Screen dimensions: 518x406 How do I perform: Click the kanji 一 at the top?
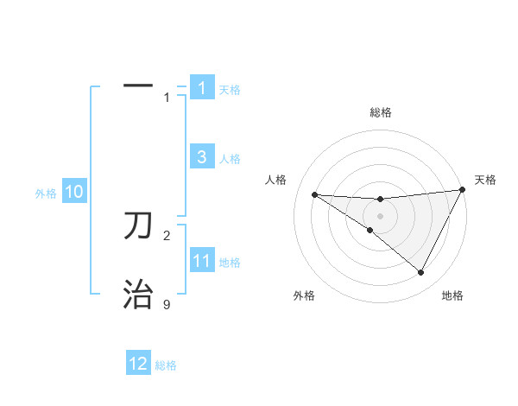point(138,86)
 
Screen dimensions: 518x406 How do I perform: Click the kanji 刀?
point(138,225)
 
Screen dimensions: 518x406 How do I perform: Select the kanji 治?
point(138,295)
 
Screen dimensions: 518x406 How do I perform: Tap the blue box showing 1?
point(202,88)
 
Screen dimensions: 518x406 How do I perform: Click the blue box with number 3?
point(202,157)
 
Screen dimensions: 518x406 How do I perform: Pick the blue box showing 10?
point(73,193)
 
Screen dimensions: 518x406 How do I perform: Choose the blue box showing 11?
point(202,261)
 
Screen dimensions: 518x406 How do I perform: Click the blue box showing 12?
point(138,364)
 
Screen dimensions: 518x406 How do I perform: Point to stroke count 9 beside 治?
point(167,305)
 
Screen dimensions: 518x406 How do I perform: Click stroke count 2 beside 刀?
point(167,235)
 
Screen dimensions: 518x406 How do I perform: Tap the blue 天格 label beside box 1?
point(230,90)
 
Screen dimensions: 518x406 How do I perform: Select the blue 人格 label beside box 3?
point(230,159)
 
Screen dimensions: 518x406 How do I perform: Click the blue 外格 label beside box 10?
point(46,193)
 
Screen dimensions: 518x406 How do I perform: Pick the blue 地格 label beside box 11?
point(230,263)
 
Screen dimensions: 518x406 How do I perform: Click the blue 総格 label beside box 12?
point(166,365)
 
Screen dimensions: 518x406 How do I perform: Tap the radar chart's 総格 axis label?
point(380,112)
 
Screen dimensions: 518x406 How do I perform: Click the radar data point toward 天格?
point(462,190)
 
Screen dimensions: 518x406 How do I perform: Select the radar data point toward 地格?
point(421,273)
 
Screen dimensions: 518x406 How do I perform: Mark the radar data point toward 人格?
point(314,194)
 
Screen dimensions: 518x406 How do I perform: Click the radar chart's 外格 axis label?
point(305,296)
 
